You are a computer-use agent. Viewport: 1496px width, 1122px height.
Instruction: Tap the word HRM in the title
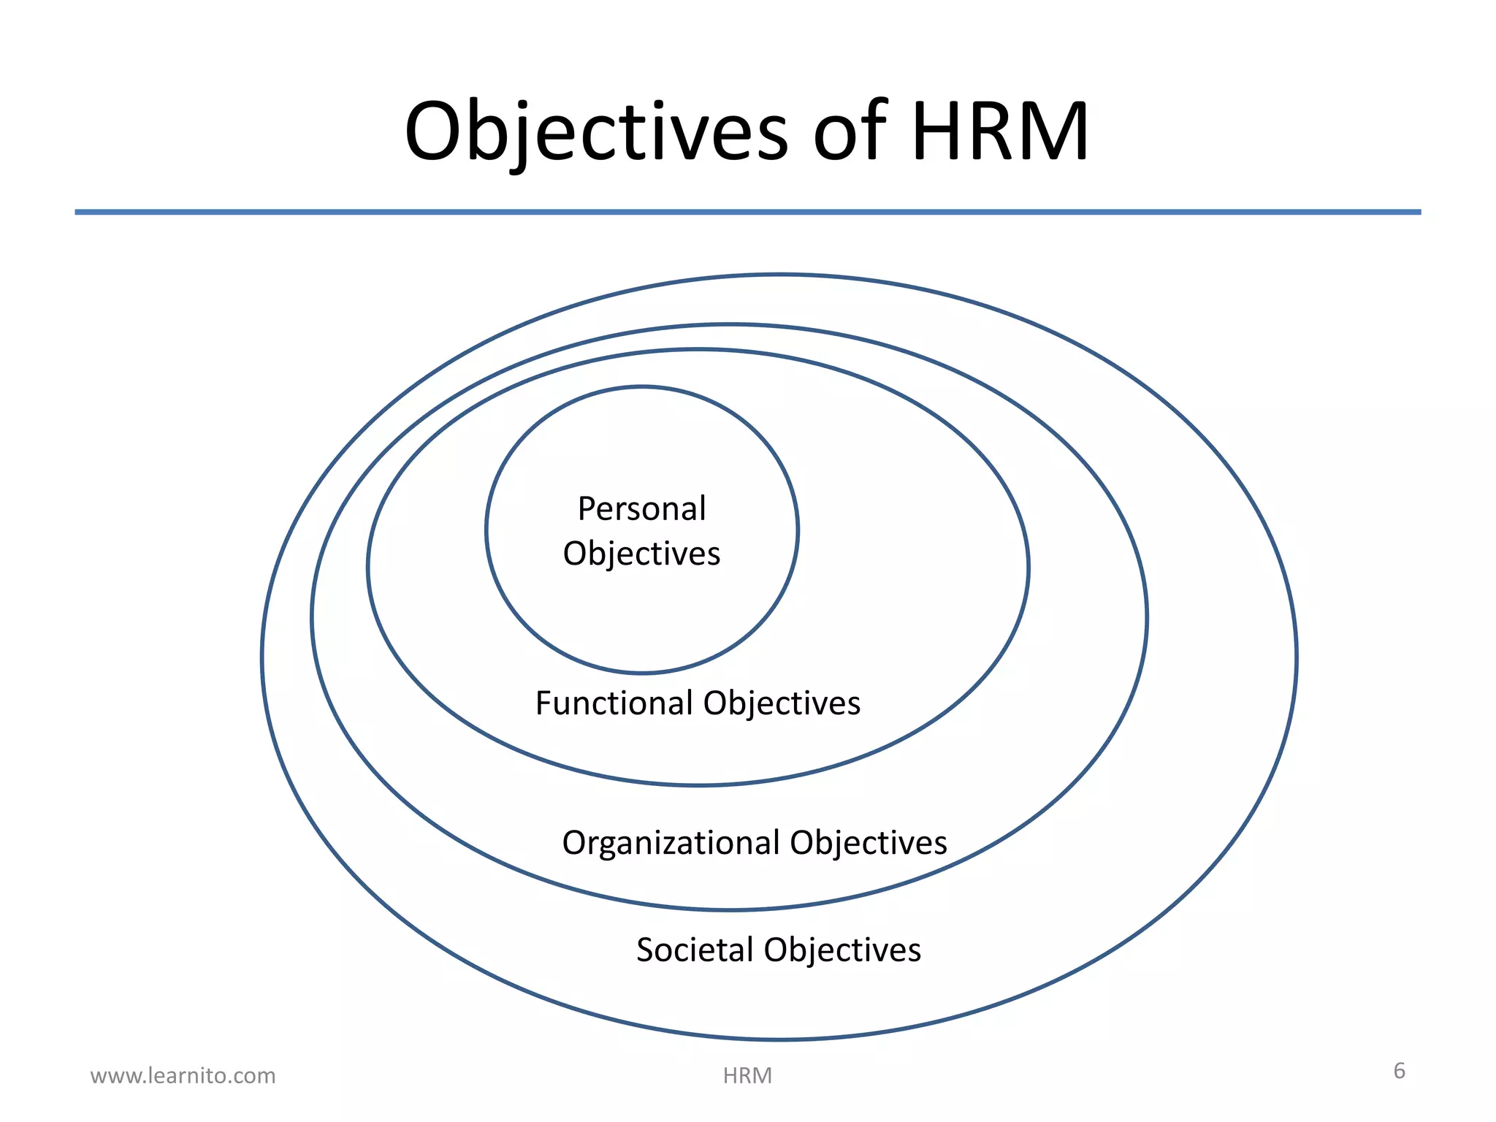[1000, 131]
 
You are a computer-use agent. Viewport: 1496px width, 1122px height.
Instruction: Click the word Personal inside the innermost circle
[641, 508]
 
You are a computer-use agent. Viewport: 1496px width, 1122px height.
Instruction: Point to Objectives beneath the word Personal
[641, 554]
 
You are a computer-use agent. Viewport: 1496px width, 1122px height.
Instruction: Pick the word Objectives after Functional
[782, 704]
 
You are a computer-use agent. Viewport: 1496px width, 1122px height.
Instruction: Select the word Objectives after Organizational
[868, 844]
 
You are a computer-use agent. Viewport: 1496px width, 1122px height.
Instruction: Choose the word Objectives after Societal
[842, 951]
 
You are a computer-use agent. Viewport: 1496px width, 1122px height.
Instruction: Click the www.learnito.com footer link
[183, 1075]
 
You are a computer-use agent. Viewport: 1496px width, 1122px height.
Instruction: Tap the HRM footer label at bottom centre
[747, 1075]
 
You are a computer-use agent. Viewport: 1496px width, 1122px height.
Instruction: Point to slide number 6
[1399, 1071]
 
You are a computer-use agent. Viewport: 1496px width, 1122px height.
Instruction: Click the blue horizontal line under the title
[747, 212]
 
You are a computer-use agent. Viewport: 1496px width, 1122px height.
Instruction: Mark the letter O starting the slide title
[435, 131]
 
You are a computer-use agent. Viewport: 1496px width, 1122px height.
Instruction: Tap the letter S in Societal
[645, 950]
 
